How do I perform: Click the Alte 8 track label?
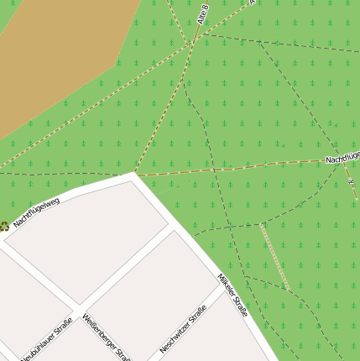click(202, 13)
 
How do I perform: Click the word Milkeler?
click(226, 285)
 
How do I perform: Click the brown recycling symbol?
click(3, 226)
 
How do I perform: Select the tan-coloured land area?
click(59, 59)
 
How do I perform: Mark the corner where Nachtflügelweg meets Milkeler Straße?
click(134, 177)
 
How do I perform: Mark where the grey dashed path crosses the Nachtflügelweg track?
click(214, 170)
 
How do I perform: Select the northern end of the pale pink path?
click(261, 225)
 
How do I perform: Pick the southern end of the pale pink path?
click(288, 290)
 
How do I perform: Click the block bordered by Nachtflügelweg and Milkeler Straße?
click(92, 239)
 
